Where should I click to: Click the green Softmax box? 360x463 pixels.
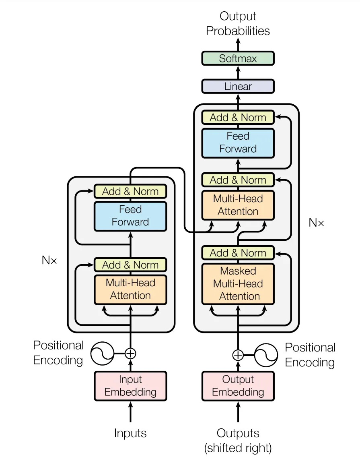(x=238, y=58)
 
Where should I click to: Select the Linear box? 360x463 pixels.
(x=238, y=86)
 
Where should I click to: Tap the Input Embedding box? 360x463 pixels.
(x=130, y=386)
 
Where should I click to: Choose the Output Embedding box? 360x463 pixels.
(x=238, y=386)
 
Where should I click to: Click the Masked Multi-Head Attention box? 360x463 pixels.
(x=238, y=283)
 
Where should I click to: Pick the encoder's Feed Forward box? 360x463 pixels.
(x=130, y=216)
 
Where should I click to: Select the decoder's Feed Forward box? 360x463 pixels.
(x=238, y=143)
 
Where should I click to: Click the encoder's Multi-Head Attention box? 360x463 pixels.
(x=130, y=289)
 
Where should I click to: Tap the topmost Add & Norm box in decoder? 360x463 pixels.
(x=238, y=118)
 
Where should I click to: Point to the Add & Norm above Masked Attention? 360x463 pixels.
(x=238, y=253)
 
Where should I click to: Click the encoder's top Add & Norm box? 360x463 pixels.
(x=130, y=191)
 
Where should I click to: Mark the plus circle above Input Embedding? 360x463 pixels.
(x=130, y=353)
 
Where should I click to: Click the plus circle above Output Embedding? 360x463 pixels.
(x=238, y=355)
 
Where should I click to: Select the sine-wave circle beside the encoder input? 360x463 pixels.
(x=102, y=353)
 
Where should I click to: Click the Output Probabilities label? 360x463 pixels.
(x=238, y=24)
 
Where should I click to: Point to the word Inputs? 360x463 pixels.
(x=130, y=433)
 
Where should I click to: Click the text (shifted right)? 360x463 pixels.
(x=238, y=447)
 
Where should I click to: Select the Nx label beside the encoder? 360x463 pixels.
(x=49, y=260)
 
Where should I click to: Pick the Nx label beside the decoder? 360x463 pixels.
(x=316, y=222)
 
